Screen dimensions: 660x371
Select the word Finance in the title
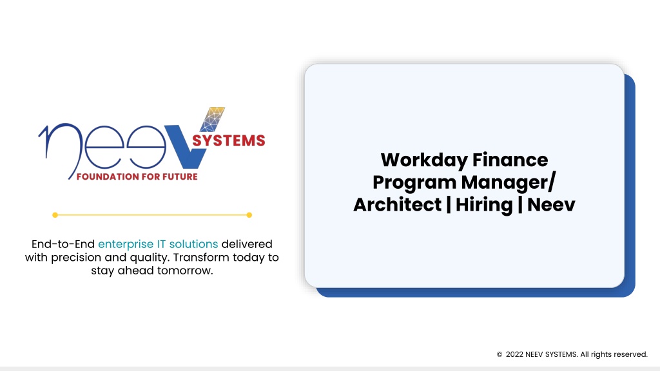510,160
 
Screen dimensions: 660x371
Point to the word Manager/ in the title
509,183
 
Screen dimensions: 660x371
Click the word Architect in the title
397,204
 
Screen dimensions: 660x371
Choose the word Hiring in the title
484,205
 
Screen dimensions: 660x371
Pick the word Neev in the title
551,205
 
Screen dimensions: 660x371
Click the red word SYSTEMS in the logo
229,140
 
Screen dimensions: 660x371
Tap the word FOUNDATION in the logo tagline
108,176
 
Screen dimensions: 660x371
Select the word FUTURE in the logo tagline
180,176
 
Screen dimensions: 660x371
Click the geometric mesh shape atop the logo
213,119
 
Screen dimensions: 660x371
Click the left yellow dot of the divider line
55,215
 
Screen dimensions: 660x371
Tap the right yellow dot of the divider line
249,215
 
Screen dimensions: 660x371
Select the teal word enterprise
126,244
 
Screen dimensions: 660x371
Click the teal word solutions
193,244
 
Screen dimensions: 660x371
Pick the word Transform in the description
201,257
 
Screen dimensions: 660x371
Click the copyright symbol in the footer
500,355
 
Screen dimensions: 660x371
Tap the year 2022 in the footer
514,354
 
